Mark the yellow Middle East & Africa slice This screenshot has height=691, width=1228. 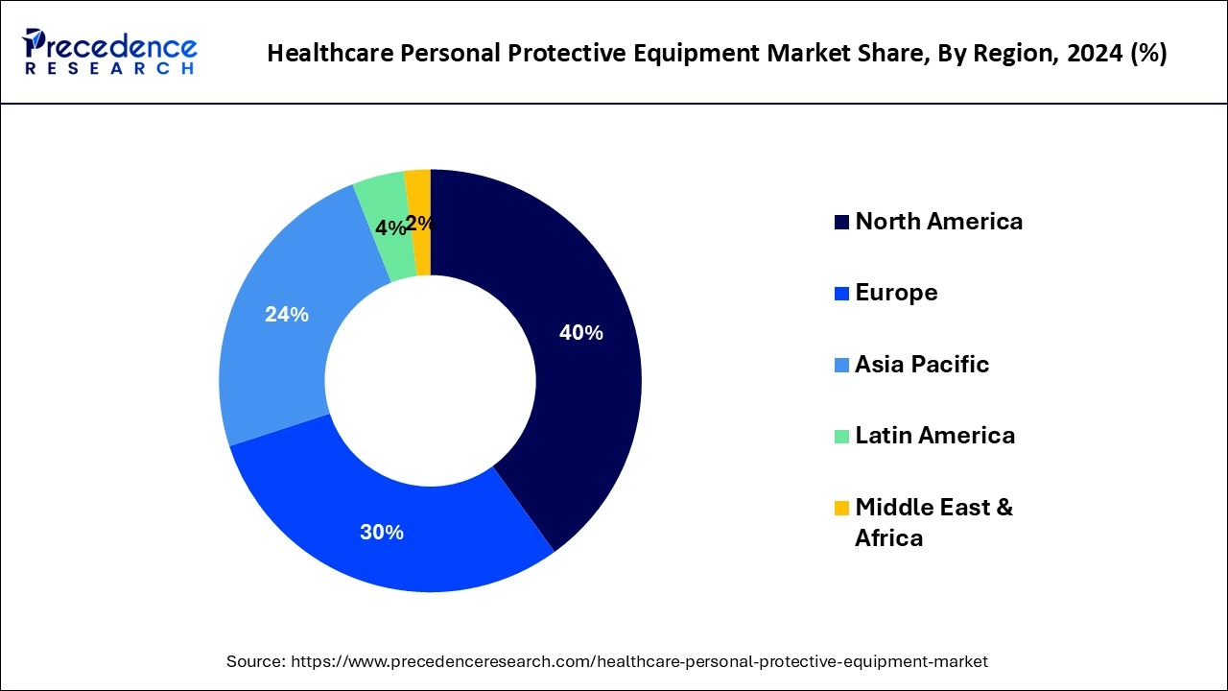click(419, 192)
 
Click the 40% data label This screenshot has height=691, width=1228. click(580, 333)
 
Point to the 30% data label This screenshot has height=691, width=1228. click(382, 532)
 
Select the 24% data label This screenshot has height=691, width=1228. click(286, 314)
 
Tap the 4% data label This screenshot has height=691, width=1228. click(390, 228)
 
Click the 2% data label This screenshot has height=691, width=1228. click(419, 224)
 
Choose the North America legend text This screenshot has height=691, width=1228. click(938, 222)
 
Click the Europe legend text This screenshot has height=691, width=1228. click(896, 293)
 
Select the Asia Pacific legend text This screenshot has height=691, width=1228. click(921, 365)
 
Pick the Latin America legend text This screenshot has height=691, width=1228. click(934, 436)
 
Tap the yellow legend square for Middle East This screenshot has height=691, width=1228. click(841, 508)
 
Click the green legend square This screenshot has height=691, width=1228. click(841, 437)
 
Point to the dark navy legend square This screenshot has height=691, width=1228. click(841, 223)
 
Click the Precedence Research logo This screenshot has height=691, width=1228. click(109, 52)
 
